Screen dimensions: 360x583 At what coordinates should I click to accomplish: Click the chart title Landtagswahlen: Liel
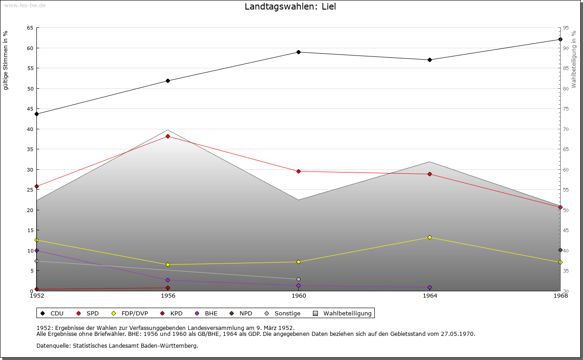290,7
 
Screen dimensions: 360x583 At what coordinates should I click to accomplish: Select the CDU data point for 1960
299,52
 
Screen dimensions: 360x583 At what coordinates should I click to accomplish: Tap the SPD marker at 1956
168,136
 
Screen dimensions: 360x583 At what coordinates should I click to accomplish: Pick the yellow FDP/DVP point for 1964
430,237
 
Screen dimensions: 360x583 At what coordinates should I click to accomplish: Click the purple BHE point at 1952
37,250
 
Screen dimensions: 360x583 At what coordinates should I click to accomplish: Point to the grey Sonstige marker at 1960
299,279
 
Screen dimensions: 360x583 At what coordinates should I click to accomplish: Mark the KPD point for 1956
168,288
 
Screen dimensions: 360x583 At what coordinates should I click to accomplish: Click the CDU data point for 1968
560,39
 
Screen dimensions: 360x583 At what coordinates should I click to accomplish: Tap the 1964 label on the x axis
430,296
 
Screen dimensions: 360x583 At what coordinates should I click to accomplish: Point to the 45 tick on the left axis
30,109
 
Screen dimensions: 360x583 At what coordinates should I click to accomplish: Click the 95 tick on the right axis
566,28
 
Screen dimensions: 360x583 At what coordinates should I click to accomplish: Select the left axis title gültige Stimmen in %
6,60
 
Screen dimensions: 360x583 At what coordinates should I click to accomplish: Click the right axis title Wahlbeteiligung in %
574,59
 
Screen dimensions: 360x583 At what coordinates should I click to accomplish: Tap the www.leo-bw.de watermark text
24,5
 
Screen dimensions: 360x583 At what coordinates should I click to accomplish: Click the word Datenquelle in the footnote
51,345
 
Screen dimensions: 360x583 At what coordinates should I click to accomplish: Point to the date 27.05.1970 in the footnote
458,334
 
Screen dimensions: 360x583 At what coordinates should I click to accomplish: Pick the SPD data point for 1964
430,174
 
